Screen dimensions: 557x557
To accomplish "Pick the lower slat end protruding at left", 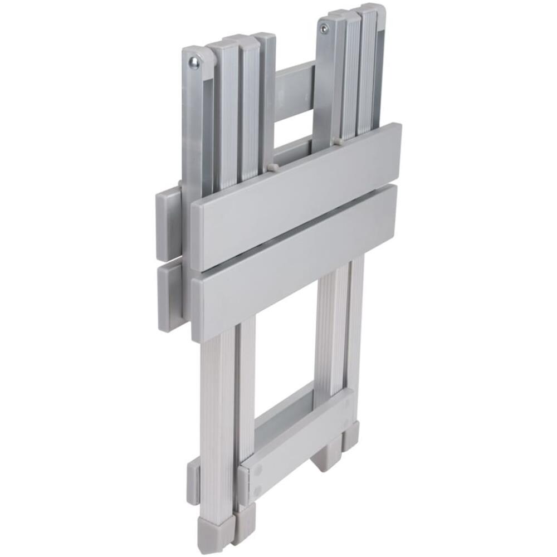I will click(x=169, y=296).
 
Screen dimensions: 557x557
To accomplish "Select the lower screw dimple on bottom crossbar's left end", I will click(x=257, y=491).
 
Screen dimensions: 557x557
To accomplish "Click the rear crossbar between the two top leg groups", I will click(x=294, y=84).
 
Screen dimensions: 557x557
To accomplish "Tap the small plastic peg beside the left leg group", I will click(x=272, y=167).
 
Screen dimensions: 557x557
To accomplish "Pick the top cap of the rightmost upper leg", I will click(x=372, y=9).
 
